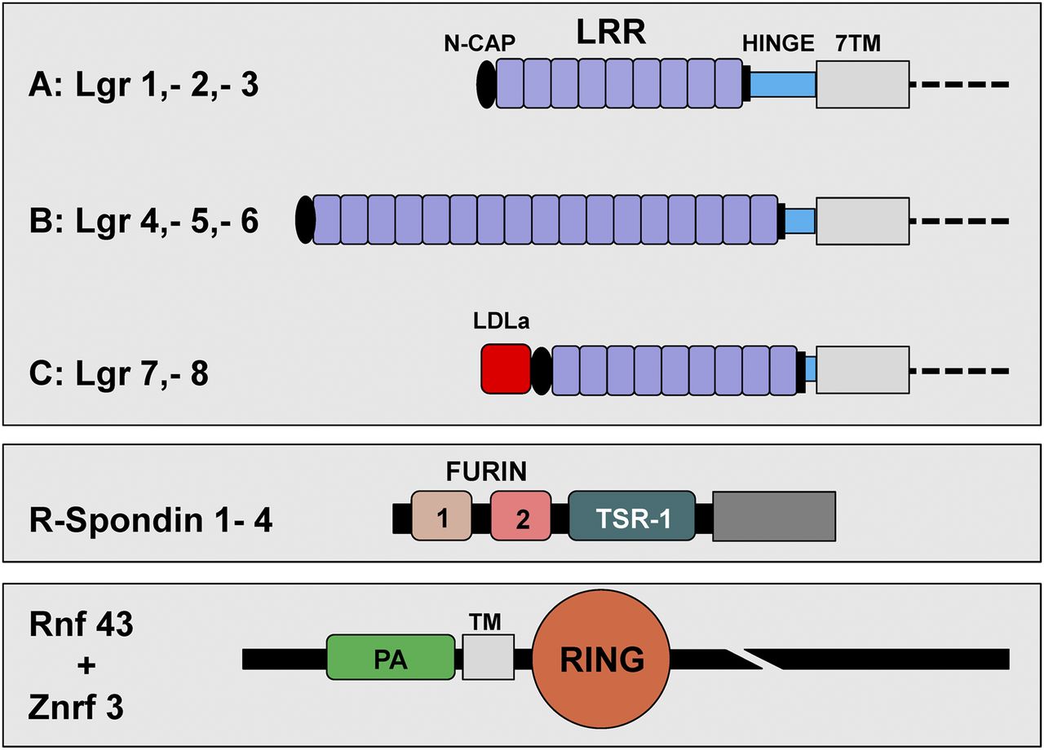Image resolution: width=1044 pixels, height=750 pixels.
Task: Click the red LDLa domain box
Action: click(506, 368)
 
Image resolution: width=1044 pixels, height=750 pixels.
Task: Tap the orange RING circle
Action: click(602, 658)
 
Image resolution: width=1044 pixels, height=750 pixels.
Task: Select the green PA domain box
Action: click(390, 658)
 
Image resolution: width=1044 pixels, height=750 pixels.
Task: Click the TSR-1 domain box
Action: click(631, 516)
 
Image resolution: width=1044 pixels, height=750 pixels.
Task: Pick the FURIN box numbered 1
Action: click(441, 516)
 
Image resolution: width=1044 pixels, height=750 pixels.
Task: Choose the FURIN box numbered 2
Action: click(522, 516)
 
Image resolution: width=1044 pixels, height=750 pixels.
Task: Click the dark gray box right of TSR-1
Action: click(774, 516)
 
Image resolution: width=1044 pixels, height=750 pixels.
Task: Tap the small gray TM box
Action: click(488, 658)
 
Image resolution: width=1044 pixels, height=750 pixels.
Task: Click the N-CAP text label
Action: click(480, 44)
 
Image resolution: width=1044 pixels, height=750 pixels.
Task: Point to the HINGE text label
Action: click(778, 44)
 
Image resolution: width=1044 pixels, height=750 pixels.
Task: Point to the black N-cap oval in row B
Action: click(305, 220)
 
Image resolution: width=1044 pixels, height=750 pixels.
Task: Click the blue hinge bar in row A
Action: click(783, 85)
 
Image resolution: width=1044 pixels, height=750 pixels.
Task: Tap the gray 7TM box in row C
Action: click(862, 370)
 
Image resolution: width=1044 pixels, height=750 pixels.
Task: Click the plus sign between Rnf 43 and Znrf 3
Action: click(87, 665)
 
